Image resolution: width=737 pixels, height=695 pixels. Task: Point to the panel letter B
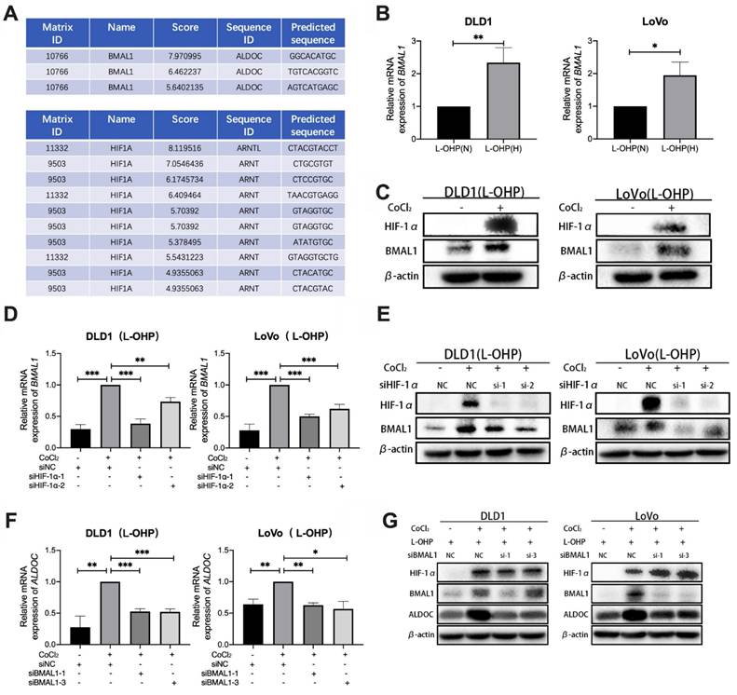click(379, 14)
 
